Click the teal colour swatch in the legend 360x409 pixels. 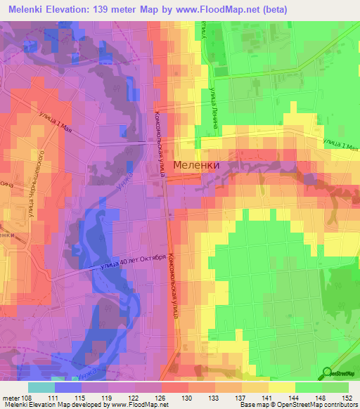(41, 387)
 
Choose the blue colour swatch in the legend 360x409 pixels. (68, 387)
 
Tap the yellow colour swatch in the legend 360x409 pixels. (282, 387)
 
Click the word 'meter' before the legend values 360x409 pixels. (11, 397)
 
